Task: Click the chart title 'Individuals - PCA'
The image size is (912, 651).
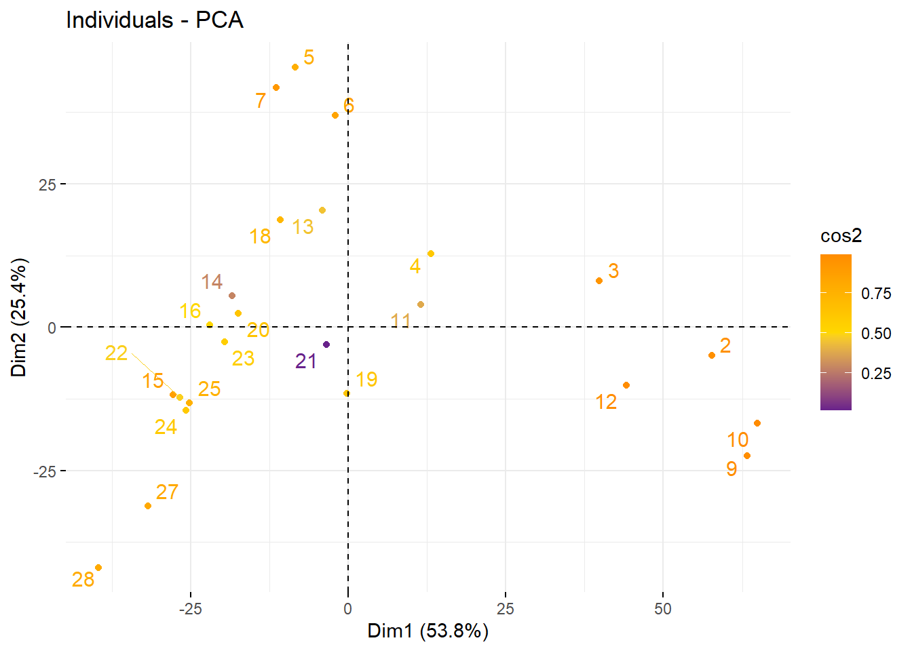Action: pos(155,20)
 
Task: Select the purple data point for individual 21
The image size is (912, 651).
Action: pos(326,344)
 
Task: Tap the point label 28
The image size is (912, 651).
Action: pos(83,580)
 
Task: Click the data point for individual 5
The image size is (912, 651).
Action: pos(295,67)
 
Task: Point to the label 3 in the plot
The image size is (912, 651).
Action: pos(613,271)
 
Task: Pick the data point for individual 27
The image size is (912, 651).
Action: pos(148,506)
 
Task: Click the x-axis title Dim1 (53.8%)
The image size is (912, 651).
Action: pos(427,631)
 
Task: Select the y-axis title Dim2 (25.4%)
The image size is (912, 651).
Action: pos(19,317)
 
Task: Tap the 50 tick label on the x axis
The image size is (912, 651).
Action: pos(662,609)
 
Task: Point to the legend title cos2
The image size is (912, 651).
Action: pos(841,236)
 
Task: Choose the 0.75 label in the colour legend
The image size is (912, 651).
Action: pos(876,294)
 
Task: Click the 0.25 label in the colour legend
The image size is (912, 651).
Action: pos(876,374)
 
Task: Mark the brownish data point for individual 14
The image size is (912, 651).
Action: pos(232,296)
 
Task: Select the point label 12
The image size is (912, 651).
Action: pos(606,402)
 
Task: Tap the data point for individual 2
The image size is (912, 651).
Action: pos(712,355)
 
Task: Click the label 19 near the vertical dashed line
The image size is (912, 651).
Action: pos(366,380)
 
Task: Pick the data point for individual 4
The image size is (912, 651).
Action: pos(431,254)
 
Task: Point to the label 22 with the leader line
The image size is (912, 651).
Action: pos(117,353)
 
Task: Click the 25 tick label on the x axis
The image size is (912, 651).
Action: pos(505,609)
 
